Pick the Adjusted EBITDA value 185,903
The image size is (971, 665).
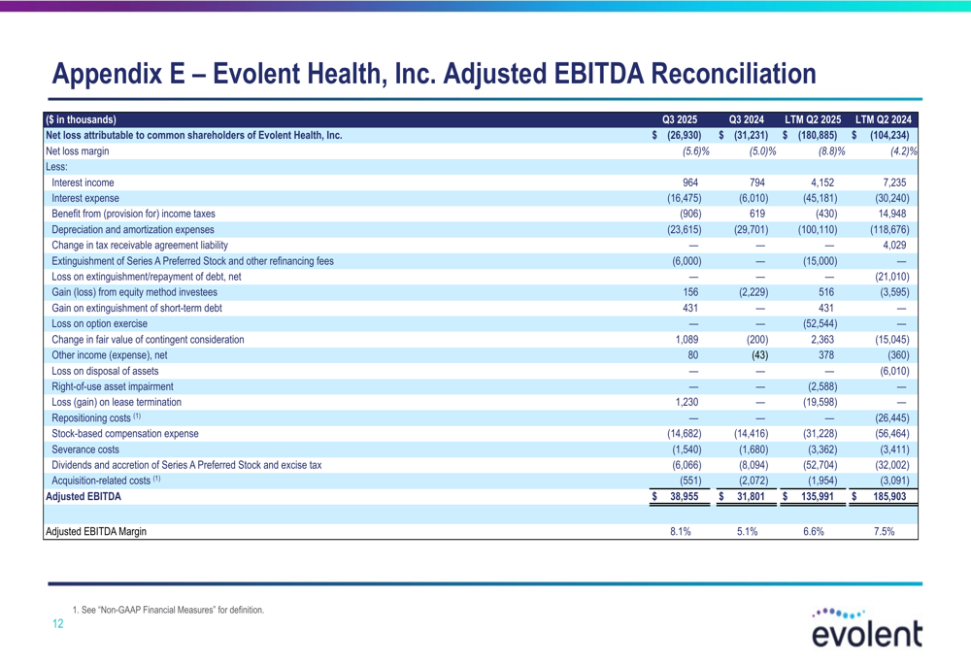(888, 496)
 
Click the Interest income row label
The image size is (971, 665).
(83, 183)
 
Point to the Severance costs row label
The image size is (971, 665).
(85, 449)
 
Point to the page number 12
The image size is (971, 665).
(57, 624)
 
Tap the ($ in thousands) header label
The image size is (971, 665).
(81, 120)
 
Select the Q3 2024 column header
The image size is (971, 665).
(748, 120)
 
